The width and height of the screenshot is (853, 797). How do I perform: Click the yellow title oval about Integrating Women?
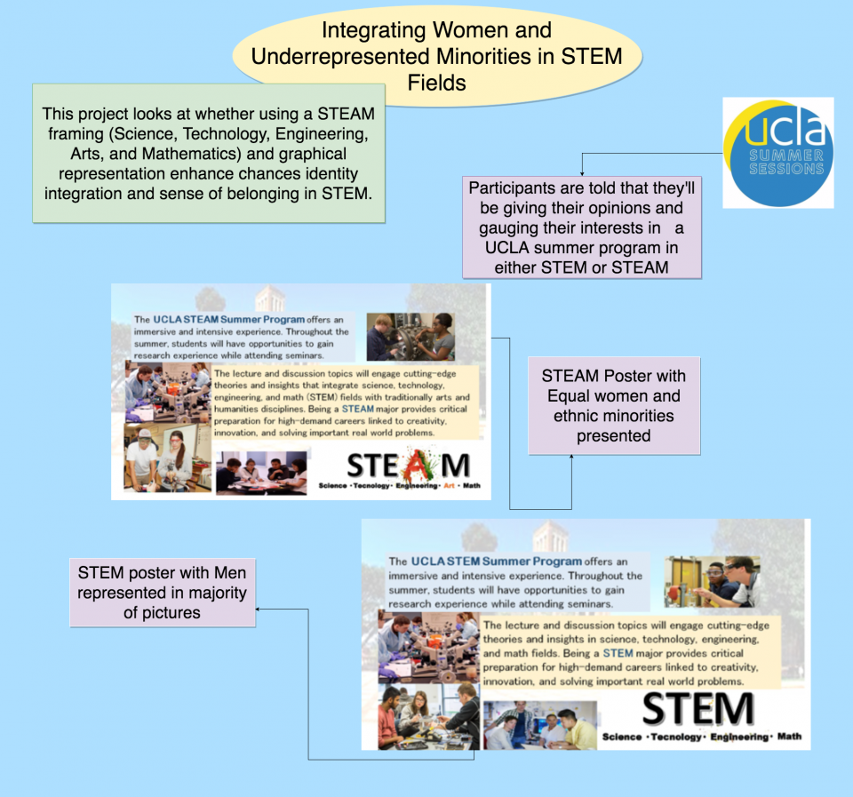point(436,57)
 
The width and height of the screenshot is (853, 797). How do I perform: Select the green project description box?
point(209,153)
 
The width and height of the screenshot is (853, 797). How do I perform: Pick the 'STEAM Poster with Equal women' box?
point(613,405)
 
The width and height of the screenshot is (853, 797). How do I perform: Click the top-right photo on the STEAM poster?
point(410,337)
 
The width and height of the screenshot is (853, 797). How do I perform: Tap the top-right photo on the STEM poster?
point(712,581)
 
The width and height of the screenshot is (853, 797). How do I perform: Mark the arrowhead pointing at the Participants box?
point(582,171)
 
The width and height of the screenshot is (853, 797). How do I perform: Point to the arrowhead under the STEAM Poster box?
point(571,458)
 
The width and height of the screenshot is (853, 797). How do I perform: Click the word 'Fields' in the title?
point(436,83)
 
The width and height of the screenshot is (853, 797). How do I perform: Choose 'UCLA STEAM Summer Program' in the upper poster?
point(228,319)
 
